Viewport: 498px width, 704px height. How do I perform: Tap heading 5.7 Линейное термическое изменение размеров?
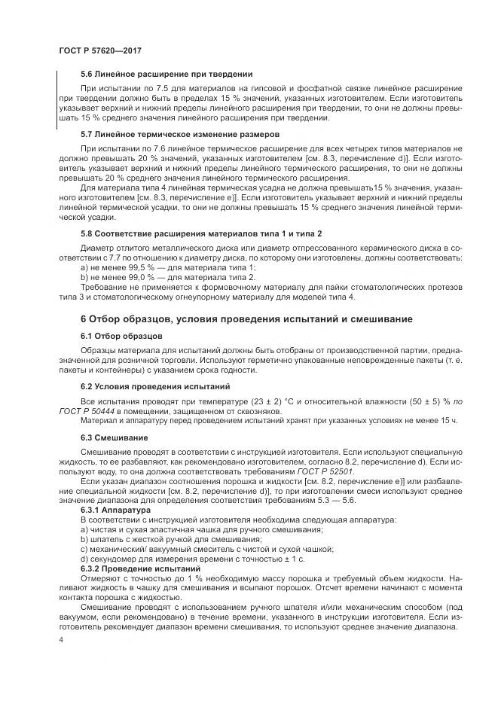click(x=174, y=134)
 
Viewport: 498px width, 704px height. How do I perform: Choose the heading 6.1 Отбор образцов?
click(x=121, y=335)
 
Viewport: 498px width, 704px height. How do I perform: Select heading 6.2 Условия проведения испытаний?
click(x=155, y=386)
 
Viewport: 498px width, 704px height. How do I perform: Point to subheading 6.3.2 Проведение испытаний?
click(x=136, y=569)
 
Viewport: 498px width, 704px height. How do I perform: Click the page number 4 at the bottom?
click(x=60, y=639)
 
